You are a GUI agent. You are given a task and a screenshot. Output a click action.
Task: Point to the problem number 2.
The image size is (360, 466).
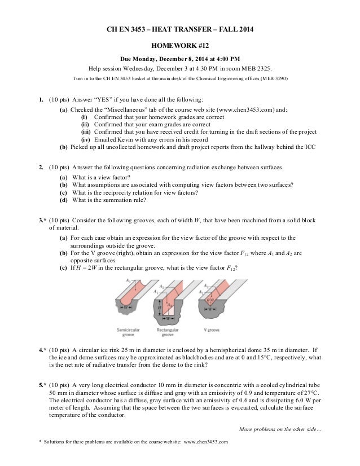point(41,168)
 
